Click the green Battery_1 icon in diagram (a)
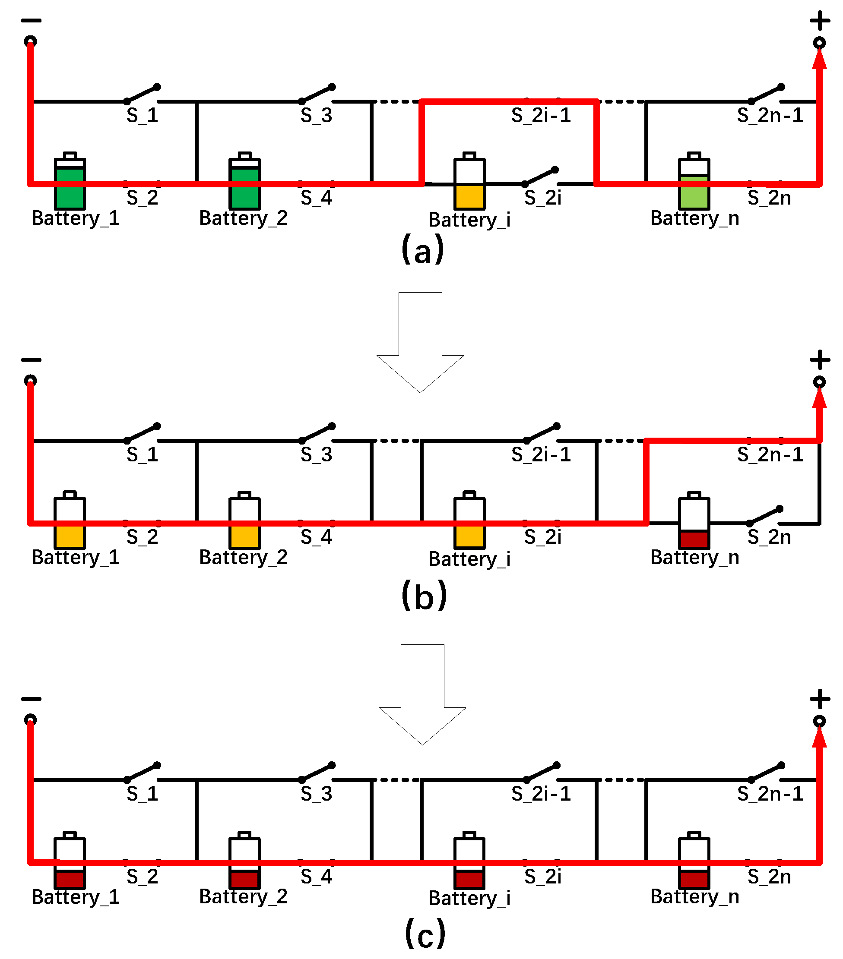(x=70, y=182)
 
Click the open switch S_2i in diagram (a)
(x=540, y=177)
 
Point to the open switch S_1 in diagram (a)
(x=142, y=94)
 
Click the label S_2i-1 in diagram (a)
(x=541, y=115)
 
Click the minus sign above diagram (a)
(x=32, y=21)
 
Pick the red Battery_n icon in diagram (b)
(x=693, y=521)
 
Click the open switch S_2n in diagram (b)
(x=764, y=516)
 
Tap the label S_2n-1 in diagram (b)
(x=770, y=454)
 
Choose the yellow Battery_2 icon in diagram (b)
(x=244, y=521)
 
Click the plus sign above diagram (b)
(x=820, y=360)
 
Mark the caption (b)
(x=423, y=595)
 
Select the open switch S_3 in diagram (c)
(x=317, y=772)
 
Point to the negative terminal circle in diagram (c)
(x=31, y=719)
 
